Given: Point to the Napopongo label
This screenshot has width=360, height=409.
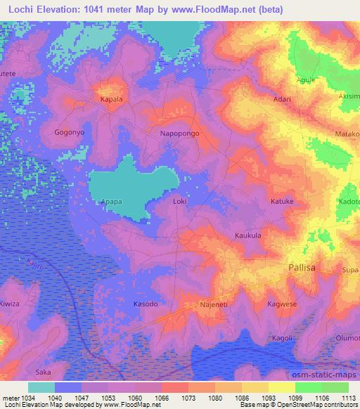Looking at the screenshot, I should pos(180,133).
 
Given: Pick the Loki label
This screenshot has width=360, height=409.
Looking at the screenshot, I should pos(180,202).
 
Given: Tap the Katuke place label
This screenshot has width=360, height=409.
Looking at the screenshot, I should pos(282,202).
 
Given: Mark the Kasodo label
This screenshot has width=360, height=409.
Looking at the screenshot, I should pos(146,304).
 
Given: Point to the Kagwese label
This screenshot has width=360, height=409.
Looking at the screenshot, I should pos(282,304).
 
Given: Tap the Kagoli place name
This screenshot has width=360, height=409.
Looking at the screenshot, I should pos(282,338).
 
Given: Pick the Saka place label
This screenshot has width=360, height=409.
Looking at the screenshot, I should pos(44,372).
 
